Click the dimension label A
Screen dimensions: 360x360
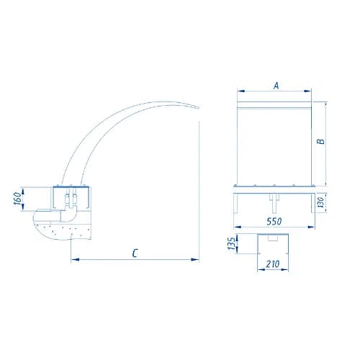pyautogui.click(x=276, y=86)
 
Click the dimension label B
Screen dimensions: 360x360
pyautogui.click(x=320, y=141)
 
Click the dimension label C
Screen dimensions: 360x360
pyautogui.click(x=135, y=253)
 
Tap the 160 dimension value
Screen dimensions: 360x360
pyautogui.click(x=17, y=199)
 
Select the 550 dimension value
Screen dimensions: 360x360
pyautogui.click(x=274, y=221)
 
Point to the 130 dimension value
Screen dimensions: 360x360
pyautogui.click(x=320, y=202)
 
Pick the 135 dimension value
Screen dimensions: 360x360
pyautogui.click(x=232, y=243)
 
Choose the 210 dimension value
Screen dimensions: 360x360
pyautogui.click(x=273, y=264)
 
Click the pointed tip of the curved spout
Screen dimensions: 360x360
pyautogui.click(x=199, y=108)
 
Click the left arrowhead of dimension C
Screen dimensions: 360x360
pyautogui.click(x=75, y=259)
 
